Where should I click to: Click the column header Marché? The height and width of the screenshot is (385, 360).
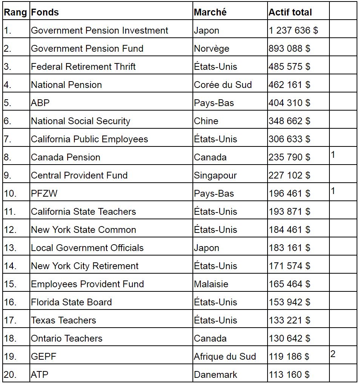pos(210,12)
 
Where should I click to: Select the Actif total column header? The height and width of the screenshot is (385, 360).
pos(290,12)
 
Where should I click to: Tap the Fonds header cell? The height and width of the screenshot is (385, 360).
pos(45,12)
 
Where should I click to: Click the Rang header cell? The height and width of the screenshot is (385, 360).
pos(15,12)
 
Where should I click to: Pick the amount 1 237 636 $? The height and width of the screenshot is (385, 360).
pos(293,31)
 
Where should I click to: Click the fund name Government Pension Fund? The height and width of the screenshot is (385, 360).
pos(87,49)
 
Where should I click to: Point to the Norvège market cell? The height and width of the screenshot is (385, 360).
pos(211,49)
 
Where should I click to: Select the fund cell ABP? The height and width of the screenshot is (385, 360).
pos(40,103)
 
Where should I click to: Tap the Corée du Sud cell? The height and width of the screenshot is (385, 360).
pos(223,85)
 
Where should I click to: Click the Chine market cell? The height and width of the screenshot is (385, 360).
pos(206,121)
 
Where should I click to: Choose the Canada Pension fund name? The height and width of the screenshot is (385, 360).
pos(66,157)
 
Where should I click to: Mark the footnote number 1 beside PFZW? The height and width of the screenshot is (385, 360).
pos(333,191)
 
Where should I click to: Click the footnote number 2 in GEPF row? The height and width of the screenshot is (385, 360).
pos(333,354)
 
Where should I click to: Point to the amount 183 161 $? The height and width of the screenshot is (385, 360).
pos(289,248)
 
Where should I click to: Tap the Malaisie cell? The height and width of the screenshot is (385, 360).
pos(211,284)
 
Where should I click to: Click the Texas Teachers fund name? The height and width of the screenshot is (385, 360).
pos(63,320)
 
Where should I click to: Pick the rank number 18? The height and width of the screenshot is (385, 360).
pos(10,339)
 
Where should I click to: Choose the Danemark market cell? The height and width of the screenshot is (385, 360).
pos(215,375)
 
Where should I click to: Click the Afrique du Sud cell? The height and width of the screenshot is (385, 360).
pos(225,357)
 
